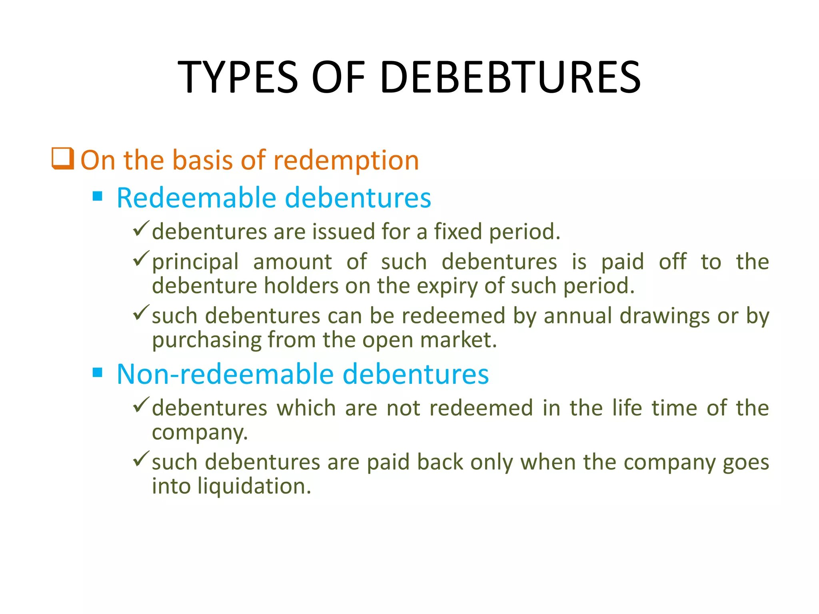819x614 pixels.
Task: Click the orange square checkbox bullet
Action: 63,159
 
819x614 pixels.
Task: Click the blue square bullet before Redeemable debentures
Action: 98,196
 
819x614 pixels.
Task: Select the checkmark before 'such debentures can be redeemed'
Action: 141,312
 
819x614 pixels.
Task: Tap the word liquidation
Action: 254,486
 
